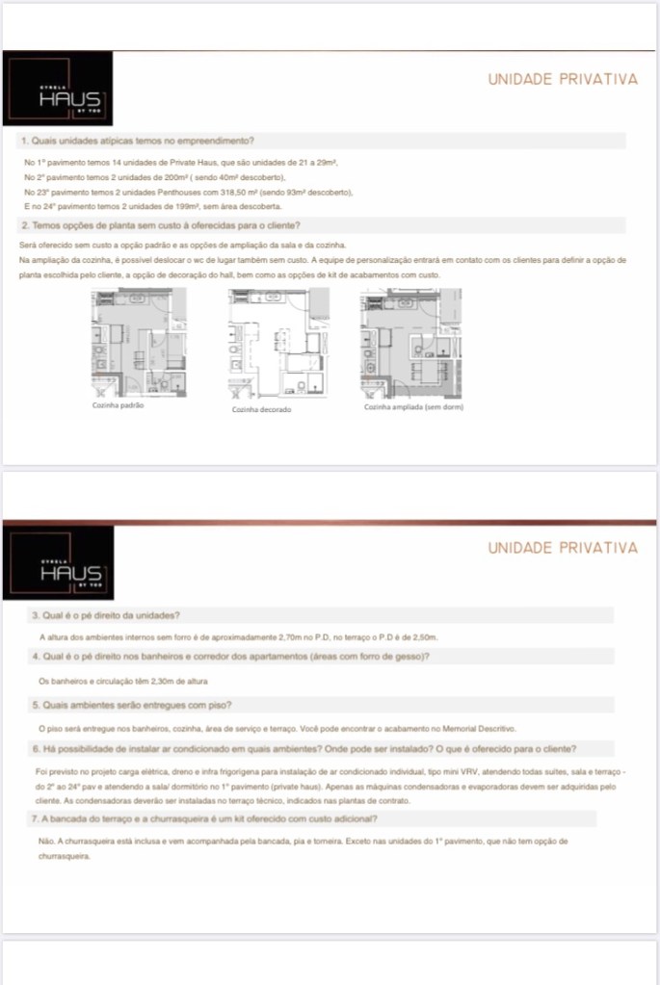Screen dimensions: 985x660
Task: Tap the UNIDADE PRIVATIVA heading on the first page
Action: (x=563, y=80)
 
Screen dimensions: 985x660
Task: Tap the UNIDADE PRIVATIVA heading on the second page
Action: (x=563, y=548)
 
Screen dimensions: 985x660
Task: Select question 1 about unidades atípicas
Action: (x=137, y=142)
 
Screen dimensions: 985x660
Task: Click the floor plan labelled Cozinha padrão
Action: (x=138, y=343)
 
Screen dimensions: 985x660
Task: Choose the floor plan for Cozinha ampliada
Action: (x=409, y=343)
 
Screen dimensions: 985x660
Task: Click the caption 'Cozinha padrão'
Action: (x=119, y=406)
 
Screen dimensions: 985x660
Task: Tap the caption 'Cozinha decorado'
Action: (x=261, y=409)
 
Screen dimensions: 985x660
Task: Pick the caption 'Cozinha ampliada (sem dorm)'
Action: (x=409, y=406)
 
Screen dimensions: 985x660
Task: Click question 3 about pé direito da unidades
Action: (x=106, y=615)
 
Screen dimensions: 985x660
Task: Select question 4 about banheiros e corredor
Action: (x=230, y=657)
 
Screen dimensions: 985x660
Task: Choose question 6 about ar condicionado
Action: (x=304, y=749)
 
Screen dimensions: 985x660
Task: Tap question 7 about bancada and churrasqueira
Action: (x=204, y=818)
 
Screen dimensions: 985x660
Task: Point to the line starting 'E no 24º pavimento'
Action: (x=152, y=206)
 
